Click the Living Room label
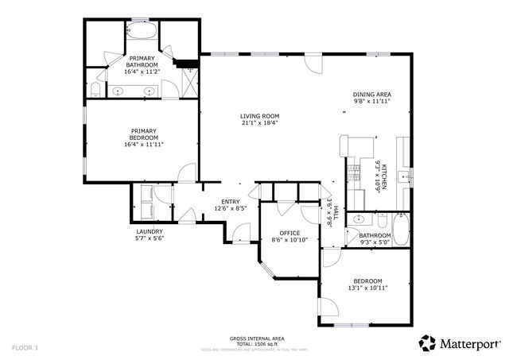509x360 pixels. [260, 116]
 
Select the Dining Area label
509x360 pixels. [372, 95]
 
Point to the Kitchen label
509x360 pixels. [383, 175]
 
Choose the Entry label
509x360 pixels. [231, 201]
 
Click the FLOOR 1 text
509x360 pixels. [25, 347]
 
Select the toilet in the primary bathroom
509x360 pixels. [95, 88]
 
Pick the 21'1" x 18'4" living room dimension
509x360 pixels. [260, 123]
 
